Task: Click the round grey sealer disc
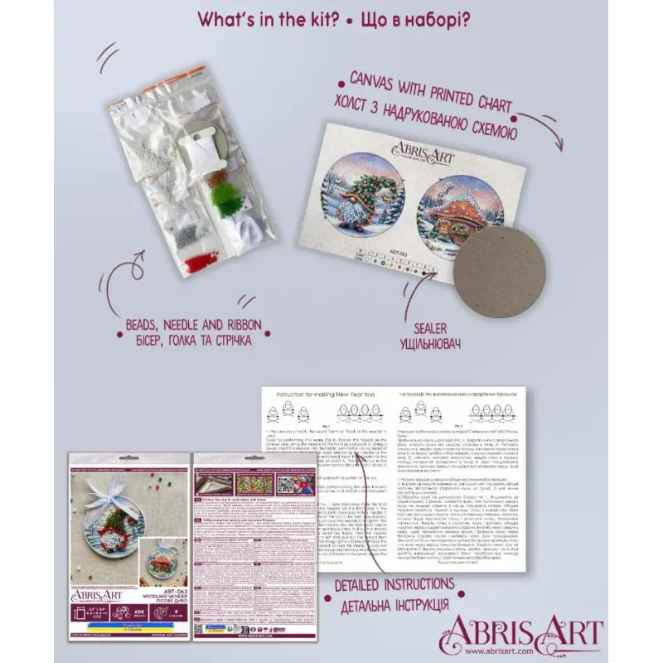pos(500,272)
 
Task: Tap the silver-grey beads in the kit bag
pos(185,230)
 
